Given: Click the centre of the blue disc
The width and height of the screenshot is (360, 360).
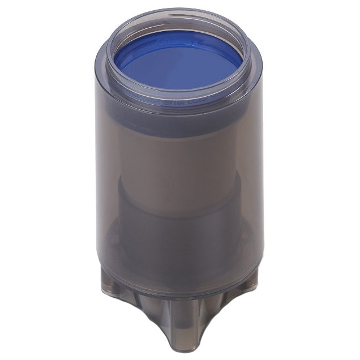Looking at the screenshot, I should coord(178,62).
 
